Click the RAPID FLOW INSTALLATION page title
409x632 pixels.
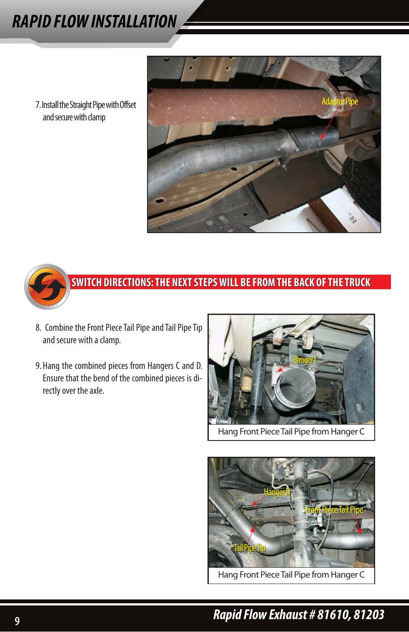click(94, 21)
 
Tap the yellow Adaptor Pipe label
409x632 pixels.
click(340, 102)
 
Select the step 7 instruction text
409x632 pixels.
click(86, 111)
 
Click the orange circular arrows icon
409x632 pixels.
click(47, 287)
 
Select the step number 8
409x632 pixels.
click(38, 328)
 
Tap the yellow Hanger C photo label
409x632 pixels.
click(305, 360)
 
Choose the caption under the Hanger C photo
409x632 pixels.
click(291, 431)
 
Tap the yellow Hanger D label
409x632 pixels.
click(277, 492)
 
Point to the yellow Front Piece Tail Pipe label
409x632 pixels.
click(334, 509)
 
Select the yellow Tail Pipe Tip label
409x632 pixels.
click(250, 548)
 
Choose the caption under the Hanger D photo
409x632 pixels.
click(291, 575)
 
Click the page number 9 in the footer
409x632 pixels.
click(17, 621)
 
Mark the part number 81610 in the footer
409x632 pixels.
click(334, 615)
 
